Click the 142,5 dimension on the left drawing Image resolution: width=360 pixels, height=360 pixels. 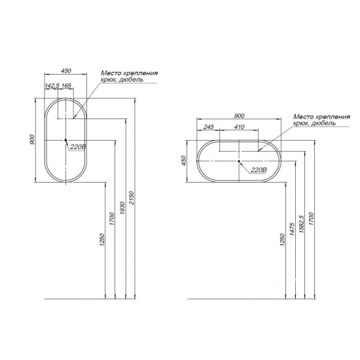[52, 86]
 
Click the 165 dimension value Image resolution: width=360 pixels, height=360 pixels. [66, 86]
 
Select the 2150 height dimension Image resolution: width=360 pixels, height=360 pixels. [131, 198]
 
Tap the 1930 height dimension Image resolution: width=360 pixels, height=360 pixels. [122, 208]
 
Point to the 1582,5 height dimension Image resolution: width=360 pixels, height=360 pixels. [301, 224]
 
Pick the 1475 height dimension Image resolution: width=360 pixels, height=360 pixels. [292, 229]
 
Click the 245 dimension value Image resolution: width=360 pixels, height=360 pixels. [208, 127]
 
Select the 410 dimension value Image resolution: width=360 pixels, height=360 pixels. [239, 127]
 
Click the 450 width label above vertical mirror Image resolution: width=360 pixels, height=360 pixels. [66, 71]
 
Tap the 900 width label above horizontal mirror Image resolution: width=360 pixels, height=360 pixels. [239, 116]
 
